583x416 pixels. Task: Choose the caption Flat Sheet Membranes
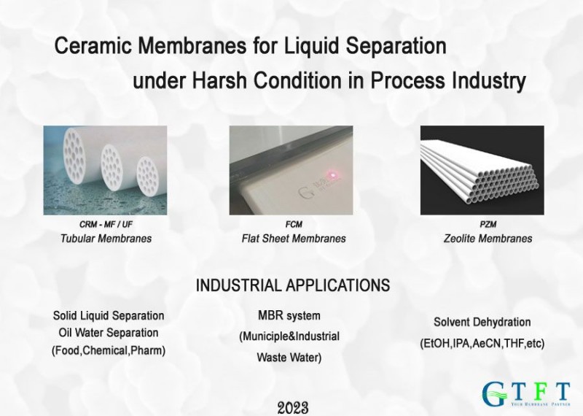pos(293,239)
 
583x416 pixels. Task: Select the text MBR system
pos(289,315)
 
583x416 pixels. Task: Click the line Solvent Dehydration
pos(482,322)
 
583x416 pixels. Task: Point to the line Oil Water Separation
pos(109,333)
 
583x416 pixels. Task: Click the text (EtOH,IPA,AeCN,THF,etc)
pos(482,342)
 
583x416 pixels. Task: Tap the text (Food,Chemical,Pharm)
pos(109,350)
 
